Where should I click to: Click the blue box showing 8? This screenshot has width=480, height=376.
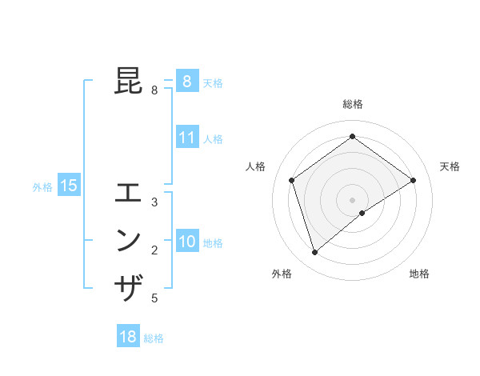pyautogui.click(x=186, y=81)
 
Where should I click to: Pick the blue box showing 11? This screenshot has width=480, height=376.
pyautogui.click(x=186, y=137)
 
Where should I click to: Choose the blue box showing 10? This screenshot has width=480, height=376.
pyautogui.click(x=186, y=241)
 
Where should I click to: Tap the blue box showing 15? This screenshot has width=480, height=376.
pyautogui.click(x=69, y=186)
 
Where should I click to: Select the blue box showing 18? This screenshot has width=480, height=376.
pyautogui.click(x=128, y=337)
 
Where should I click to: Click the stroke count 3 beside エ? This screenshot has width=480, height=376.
pyautogui.click(x=154, y=202)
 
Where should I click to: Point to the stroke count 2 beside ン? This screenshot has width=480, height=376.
pyautogui.click(x=154, y=250)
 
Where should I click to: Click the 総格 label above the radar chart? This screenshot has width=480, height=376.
pyautogui.click(x=352, y=104)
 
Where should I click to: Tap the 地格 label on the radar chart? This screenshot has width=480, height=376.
pyautogui.click(x=419, y=274)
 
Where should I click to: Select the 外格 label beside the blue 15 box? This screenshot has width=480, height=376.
pyautogui.click(x=42, y=187)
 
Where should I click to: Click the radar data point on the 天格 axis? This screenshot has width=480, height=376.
pyautogui.click(x=413, y=180)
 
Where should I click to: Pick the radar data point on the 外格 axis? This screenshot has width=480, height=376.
pyautogui.click(x=315, y=253)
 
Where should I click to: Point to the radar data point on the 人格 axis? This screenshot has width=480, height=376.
pyautogui.click(x=292, y=180)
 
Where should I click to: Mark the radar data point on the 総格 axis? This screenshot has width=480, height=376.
pyautogui.click(x=352, y=137)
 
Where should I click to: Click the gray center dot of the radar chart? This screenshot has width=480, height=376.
pyautogui.click(x=352, y=199)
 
